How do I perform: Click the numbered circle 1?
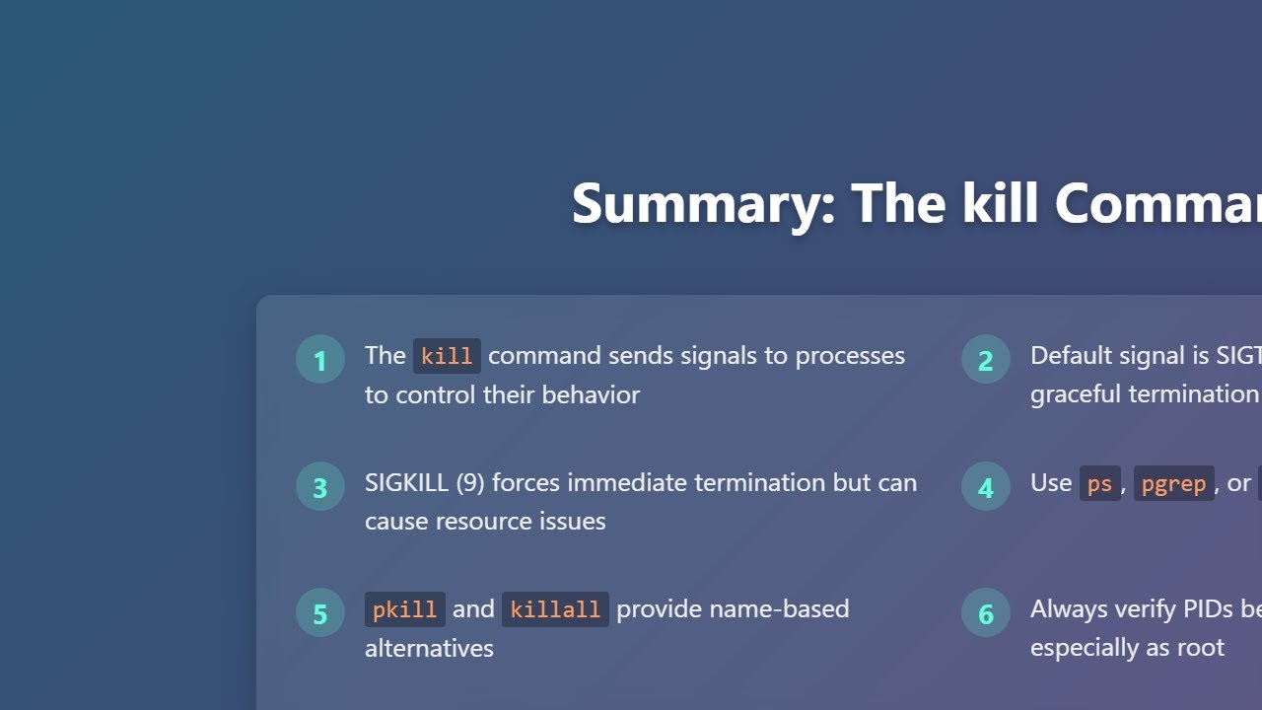pos(320,360)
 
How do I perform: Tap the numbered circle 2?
pos(986,360)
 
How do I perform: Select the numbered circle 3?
pos(320,487)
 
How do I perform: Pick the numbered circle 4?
pos(986,487)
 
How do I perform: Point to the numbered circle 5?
pos(320,613)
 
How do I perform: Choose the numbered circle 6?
pos(986,613)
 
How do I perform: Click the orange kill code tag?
pos(447,356)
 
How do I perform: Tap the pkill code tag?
pos(404,609)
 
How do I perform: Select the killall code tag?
pos(555,609)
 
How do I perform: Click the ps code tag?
pos(1099,483)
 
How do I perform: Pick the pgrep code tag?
pos(1173,483)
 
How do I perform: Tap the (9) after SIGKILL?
pos(470,482)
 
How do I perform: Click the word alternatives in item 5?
pos(429,648)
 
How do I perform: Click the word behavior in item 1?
pos(591,394)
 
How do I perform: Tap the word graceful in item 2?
pos(1074,394)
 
